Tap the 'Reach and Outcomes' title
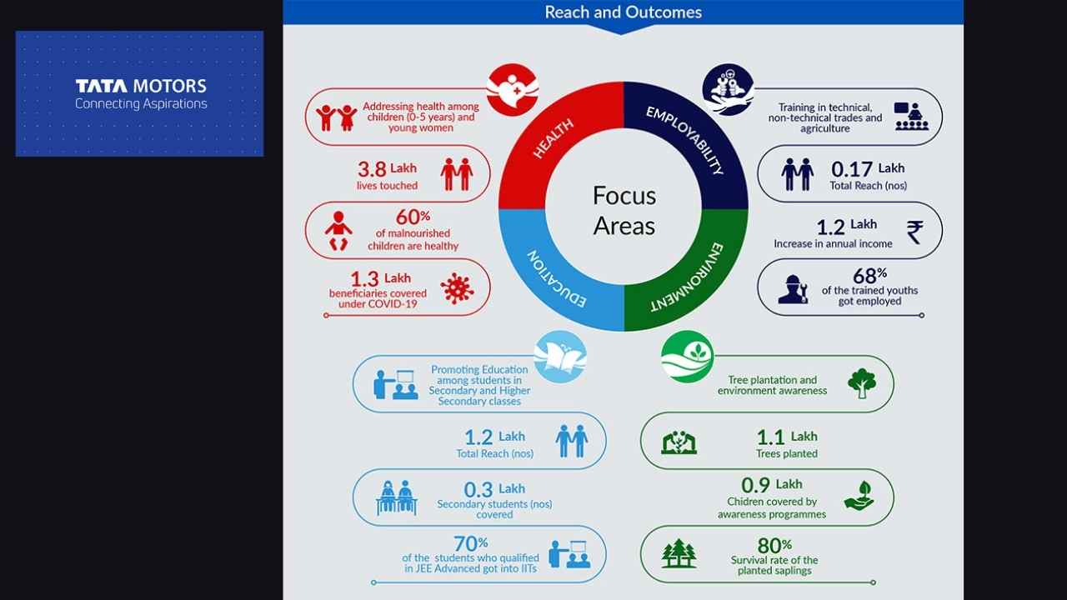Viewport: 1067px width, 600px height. [623, 12]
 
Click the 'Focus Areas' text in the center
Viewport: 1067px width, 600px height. [624, 211]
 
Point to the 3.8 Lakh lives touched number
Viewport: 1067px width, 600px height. [372, 169]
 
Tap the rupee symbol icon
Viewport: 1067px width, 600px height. [915, 232]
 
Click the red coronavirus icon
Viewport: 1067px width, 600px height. [458, 288]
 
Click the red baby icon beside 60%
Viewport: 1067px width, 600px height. [338, 231]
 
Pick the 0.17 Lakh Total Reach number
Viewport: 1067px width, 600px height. [852, 169]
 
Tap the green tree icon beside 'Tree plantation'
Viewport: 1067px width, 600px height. [862, 382]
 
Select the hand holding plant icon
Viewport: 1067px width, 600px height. [859, 496]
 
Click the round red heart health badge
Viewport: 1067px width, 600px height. [513, 90]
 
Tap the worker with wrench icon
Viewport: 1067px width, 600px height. [793, 289]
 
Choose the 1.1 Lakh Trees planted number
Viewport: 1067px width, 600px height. [770, 437]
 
